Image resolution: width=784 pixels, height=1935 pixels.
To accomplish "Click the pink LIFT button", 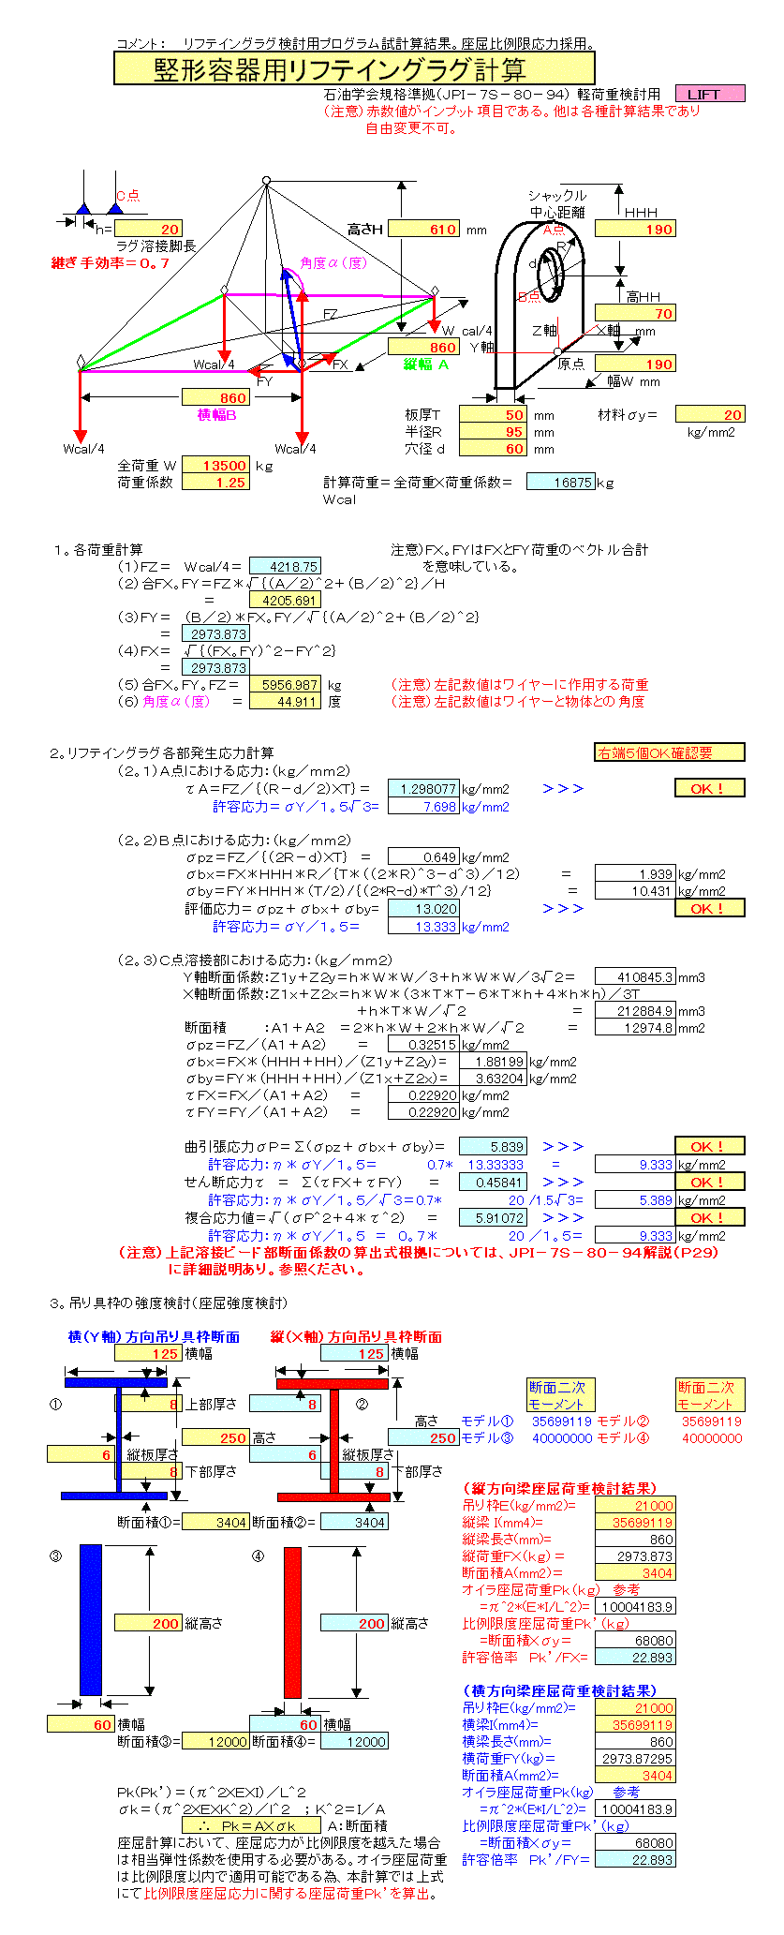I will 709,94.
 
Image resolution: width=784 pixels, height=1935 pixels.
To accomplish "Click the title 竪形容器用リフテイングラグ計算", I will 354,68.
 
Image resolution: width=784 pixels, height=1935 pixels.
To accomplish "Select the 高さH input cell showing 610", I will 423,230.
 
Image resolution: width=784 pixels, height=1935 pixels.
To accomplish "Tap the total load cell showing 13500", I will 215,466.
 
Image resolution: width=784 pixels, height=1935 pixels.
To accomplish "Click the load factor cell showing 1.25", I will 215,483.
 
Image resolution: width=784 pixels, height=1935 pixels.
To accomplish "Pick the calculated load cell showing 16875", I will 560,483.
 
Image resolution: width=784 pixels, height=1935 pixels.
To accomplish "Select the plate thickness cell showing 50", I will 494,415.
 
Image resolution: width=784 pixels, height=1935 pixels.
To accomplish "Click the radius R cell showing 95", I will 494,432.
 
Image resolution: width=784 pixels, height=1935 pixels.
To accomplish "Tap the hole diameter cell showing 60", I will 494,449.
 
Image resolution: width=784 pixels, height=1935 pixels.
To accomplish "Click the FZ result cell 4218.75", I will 285,566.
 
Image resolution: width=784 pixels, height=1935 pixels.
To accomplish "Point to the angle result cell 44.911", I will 285,702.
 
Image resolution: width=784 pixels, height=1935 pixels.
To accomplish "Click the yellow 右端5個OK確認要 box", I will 670,752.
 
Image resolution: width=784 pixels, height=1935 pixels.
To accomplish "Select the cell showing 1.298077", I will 423,789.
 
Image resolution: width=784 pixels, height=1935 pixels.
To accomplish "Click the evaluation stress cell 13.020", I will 423,909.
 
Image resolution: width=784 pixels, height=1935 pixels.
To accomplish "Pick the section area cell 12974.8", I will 635,1028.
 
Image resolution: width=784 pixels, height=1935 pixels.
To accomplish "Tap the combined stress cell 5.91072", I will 493,1218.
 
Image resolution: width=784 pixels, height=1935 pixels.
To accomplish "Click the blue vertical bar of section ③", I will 90,1620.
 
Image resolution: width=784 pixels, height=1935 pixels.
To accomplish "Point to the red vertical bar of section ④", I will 293,1621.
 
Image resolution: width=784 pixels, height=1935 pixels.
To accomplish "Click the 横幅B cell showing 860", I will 215,398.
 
